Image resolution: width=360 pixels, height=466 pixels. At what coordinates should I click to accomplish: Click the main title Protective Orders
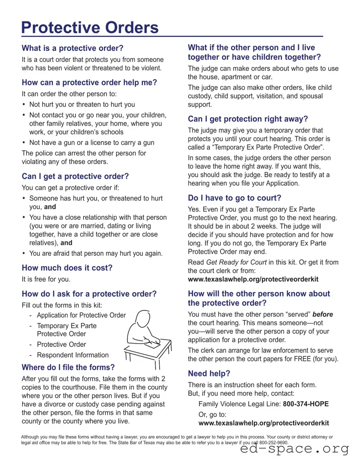pyautogui.click(x=90, y=28)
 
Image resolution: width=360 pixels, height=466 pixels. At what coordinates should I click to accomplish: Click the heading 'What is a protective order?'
pyautogui.click(x=73, y=48)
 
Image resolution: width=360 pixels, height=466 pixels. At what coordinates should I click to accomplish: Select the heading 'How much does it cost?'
pyautogui.click(x=67, y=268)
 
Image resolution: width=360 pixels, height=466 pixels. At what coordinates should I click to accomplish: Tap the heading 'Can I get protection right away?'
pyautogui.click(x=248, y=119)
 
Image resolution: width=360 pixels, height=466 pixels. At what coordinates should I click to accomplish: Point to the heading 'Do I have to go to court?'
pyautogui.click(x=235, y=198)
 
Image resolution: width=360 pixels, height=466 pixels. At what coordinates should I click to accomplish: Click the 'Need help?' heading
pyautogui.click(x=209, y=374)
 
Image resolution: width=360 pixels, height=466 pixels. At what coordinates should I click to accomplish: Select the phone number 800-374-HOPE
pyautogui.click(x=306, y=404)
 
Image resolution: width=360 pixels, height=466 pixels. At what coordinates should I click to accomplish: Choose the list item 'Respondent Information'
pyautogui.click(x=73, y=355)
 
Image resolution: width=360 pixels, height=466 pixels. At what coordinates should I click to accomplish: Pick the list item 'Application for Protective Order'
pyautogui.click(x=81, y=315)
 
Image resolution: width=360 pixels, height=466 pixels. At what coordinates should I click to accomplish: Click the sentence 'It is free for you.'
pyautogui.click(x=46, y=280)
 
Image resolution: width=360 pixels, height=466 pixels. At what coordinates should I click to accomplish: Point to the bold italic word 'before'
pyautogui.click(x=322, y=315)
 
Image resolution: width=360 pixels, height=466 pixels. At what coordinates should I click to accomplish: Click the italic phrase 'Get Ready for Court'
pyautogui.click(x=236, y=262)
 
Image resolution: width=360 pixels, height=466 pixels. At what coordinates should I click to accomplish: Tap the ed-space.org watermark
pyautogui.click(x=294, y=449)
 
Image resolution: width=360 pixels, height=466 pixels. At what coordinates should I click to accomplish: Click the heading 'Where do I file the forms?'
pyautogui.click(x=68, y=367)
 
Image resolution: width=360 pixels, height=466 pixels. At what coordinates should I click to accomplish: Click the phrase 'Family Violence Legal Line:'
pyautogui.click(x=240, y=404)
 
